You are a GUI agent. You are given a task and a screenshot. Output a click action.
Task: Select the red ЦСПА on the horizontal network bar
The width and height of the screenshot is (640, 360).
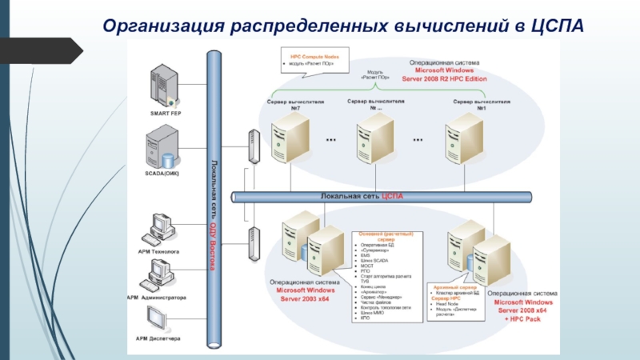(x=392, y=196)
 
